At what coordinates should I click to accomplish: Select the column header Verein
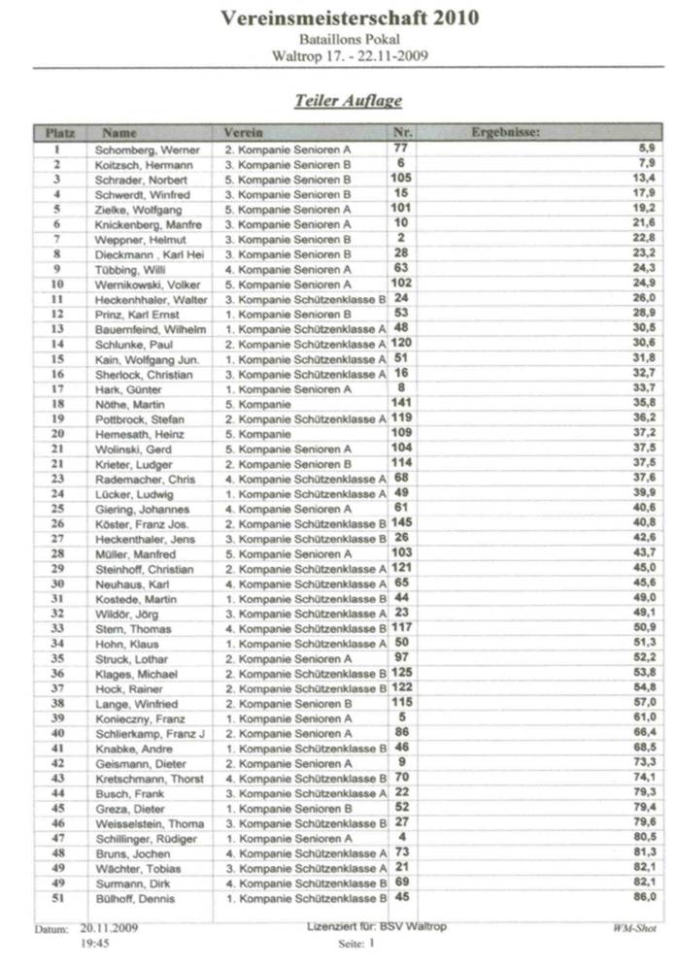tap(243, 132)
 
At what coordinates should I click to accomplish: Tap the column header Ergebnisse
tap(505, 132)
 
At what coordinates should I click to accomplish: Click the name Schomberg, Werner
tap(147, 150)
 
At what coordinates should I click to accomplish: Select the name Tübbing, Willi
tap(130, 269)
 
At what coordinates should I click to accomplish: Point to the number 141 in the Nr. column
tap(400, 403)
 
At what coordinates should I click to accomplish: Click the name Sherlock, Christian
tap(144, 374)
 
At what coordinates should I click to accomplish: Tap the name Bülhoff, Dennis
tap(136, 898)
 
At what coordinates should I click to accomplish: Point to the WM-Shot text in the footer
tap(632, 929)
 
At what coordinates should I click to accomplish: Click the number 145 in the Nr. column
tap(400, 522)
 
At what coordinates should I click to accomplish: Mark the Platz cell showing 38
tap(58, 703)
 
